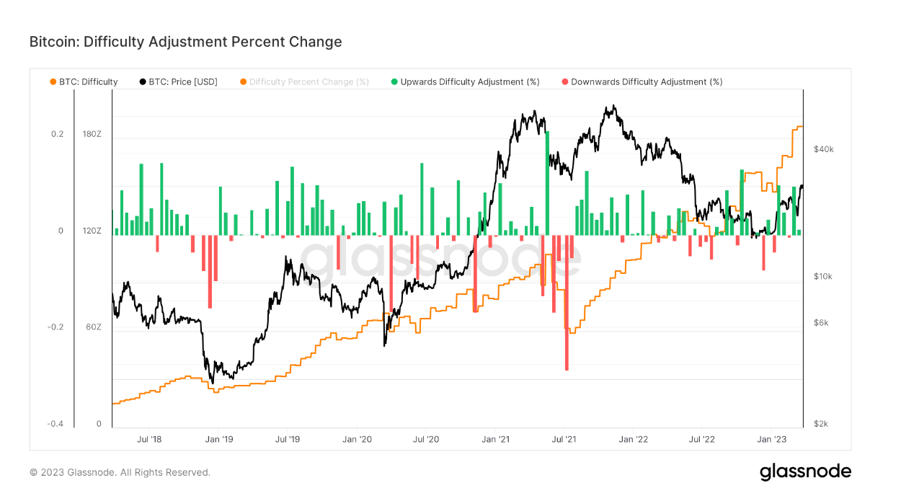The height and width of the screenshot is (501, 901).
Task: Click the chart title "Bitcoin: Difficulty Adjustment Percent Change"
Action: click(x=185, y=42)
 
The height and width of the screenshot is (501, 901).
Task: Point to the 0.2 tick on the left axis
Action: click(x=56, y=134)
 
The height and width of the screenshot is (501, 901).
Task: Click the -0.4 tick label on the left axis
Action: click(x=56, y=424)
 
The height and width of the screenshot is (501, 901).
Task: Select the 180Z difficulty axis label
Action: click(x=92, y=134)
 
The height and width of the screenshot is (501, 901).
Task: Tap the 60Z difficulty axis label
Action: click(x=93, y=327)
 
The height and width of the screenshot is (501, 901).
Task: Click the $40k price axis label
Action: click(x=823, y=149)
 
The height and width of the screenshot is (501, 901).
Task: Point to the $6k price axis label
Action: click(x=821, y=322)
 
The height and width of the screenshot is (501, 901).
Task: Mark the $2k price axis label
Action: click(x=821, y=424)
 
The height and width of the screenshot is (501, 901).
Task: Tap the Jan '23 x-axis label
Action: click(x=773, y=438)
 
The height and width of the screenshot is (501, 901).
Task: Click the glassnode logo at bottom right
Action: click(x=805, y=472)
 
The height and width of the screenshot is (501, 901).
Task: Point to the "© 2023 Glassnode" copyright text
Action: click(x=120, y=473)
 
